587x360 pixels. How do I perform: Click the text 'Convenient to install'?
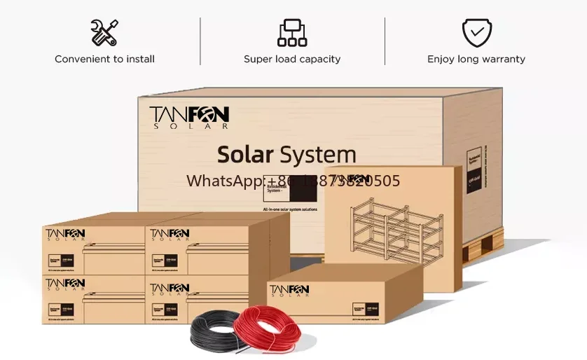[x=104, y=60]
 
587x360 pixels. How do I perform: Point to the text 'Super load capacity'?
[x=292, y=60]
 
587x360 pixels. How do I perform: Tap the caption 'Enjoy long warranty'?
[x=476, y=60]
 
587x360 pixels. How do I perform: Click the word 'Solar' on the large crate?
[x=244, y=154]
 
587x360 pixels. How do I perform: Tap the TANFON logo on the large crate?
[x=189, y=116]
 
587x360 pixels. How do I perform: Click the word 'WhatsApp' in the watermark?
[x=223, y=181]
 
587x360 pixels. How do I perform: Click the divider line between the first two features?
[x=200, y=41]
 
